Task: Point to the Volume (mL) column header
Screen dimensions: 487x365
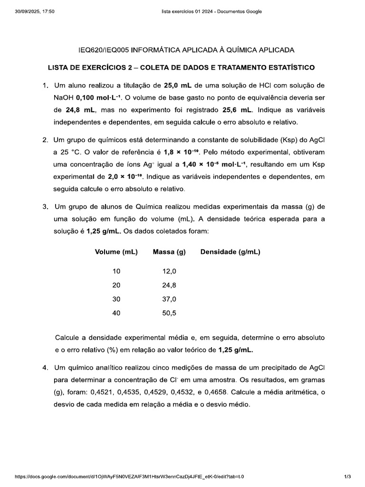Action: point(116,252)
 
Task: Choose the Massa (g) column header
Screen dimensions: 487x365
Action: point(169,252)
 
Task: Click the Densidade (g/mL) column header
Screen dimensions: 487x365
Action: point(230,252)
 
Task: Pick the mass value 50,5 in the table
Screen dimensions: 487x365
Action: point(169,313)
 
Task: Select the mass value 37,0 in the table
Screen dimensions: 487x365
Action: point(169,299)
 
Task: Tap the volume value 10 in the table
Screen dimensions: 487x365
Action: point(116,271)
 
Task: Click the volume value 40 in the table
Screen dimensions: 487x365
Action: point(116,313)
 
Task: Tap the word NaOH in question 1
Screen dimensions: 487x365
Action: point(64,97)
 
